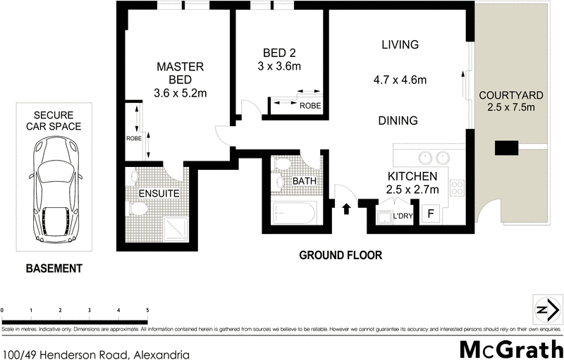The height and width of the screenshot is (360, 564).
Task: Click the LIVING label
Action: [400, 44]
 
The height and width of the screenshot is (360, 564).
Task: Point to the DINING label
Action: [398, 120]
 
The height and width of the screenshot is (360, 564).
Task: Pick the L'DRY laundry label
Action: [402, 216]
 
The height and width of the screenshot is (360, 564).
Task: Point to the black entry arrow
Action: [346, 209]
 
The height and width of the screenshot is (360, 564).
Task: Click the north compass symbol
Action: [546, 311]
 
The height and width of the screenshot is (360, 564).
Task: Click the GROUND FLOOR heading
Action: [340, 256]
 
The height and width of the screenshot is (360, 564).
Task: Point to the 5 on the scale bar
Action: [147, 310]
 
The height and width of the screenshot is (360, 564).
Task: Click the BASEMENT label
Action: [54, 268]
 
